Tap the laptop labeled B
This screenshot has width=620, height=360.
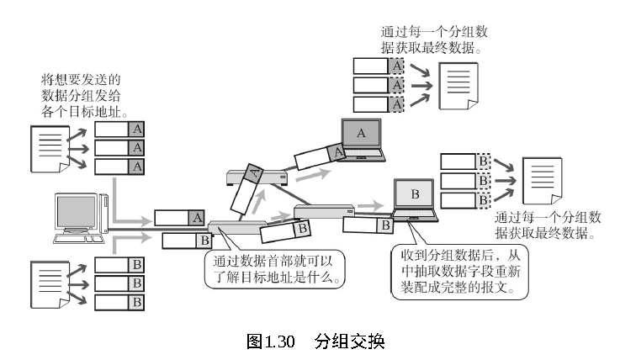[414, 200]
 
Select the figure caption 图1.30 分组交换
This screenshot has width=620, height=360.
[315, 341]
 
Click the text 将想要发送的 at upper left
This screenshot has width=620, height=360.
[80, 81]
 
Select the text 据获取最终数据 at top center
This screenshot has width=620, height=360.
[431, 46]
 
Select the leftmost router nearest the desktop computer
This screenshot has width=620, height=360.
[238, 229]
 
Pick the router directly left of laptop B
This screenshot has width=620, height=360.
[324, 210]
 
